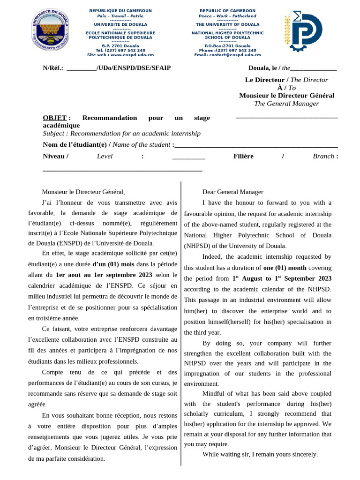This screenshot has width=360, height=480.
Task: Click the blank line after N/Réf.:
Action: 82,68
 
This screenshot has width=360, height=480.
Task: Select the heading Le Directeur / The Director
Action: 286,80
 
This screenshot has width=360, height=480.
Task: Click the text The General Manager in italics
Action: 286,104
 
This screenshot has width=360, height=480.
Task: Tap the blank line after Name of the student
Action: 256,145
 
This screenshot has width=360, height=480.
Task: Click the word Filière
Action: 243,156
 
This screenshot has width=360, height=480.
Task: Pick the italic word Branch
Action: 323,156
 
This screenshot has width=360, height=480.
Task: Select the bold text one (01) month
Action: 285,268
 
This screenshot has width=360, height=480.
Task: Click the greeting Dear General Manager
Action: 232,192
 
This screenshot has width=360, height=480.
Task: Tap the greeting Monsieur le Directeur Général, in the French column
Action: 83,192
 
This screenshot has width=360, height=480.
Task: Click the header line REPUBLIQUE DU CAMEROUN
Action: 120,11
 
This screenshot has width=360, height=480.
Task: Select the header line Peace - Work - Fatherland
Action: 227,16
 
